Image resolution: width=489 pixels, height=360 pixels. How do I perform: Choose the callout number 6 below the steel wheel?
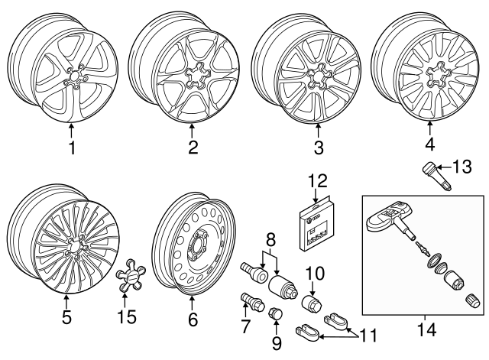coord(193,320)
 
